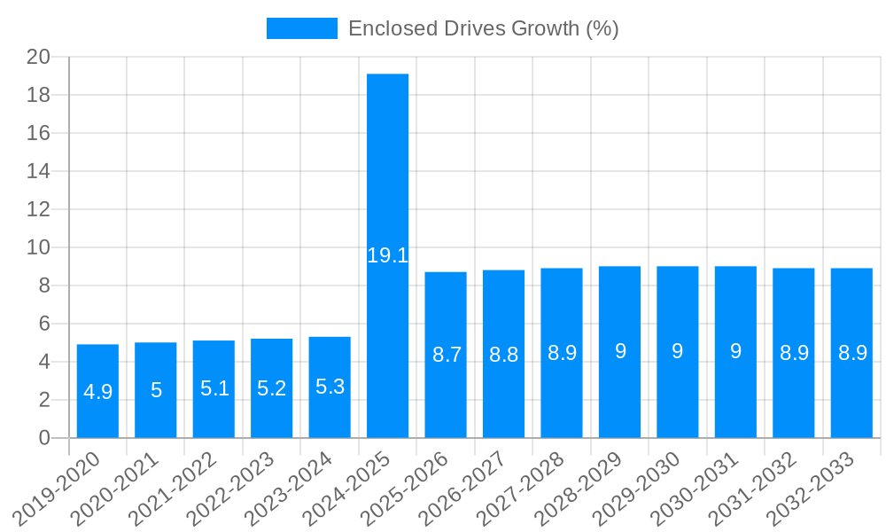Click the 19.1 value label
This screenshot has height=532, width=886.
[x=387, y=255]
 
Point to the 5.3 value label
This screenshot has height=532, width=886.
[x=330, y=387]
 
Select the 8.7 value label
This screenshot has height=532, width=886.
[x=446, y=355]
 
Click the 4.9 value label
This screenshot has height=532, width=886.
[x=97, y=391]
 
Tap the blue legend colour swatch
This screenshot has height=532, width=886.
[x=301, y=28]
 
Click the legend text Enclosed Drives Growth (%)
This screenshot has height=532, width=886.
[x=483, y=28]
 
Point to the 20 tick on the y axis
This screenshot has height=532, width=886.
[x=39, y=57]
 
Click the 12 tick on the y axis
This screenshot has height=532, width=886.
[x=39, y=209]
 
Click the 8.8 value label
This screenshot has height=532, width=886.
[x=503, y=355]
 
